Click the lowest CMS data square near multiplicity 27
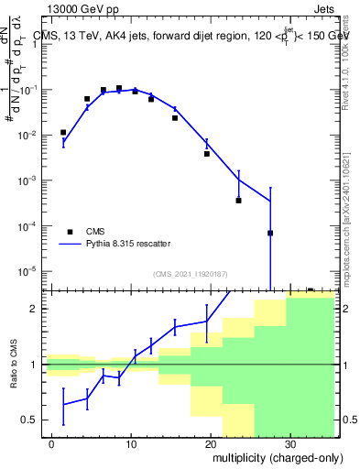270,233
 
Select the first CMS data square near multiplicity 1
63,132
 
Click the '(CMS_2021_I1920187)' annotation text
189,274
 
